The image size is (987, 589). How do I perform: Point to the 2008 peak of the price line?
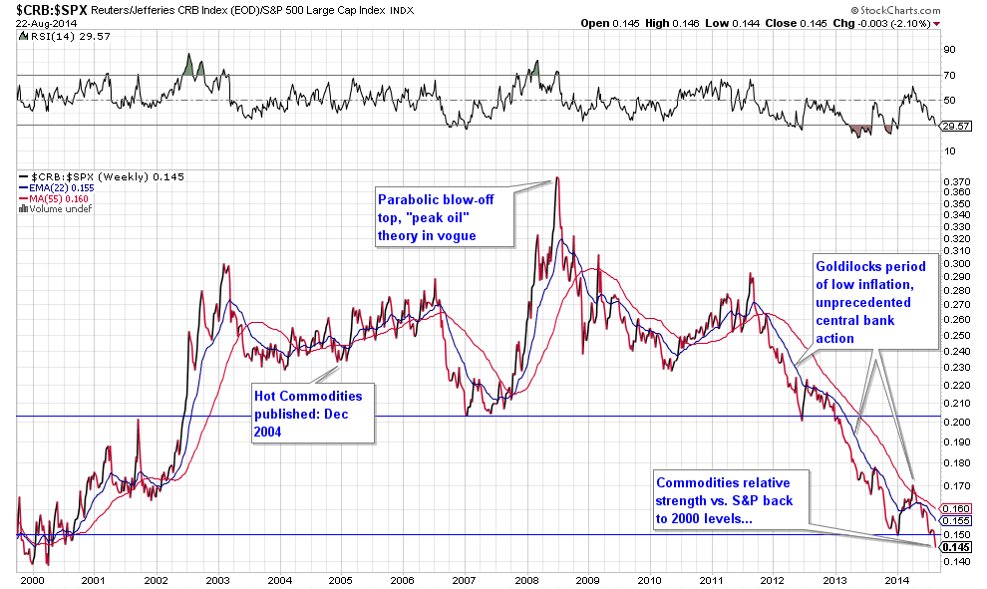click(x=557, y=178)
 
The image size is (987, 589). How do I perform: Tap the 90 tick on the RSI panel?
click(x=950, y=49)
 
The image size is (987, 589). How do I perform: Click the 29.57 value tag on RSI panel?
click(x=955, y=127)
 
